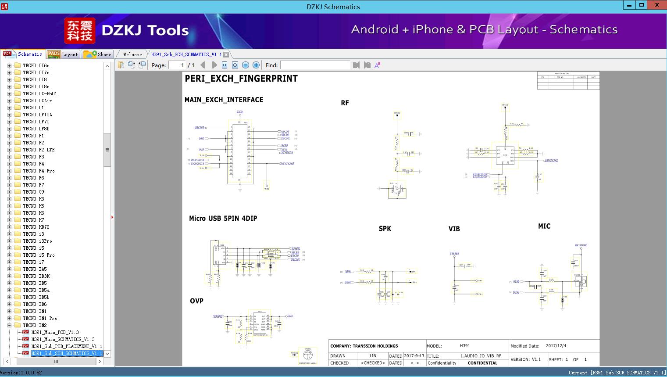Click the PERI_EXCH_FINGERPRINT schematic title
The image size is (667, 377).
point(241,79)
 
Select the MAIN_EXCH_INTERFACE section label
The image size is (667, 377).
point(224,100)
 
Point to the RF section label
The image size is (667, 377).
point(345,103)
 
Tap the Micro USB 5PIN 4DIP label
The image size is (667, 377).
point(223,218)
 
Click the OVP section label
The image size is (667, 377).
point(196,301)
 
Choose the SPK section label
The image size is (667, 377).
point(385,228)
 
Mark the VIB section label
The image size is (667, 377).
point(454,229)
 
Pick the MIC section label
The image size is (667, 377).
point(544,226)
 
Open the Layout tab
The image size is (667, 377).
point(63,54)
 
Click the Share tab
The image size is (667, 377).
point(99,54)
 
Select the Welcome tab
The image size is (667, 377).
point(132,54)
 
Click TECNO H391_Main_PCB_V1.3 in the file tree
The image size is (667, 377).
point(55,332)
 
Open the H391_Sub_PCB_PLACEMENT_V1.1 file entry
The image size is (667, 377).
point(66,346)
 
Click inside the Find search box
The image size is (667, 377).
point(315,65)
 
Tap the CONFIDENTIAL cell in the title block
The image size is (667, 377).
point(482,363)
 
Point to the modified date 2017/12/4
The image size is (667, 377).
point(556,346)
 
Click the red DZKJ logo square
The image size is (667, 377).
point(79,30)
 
